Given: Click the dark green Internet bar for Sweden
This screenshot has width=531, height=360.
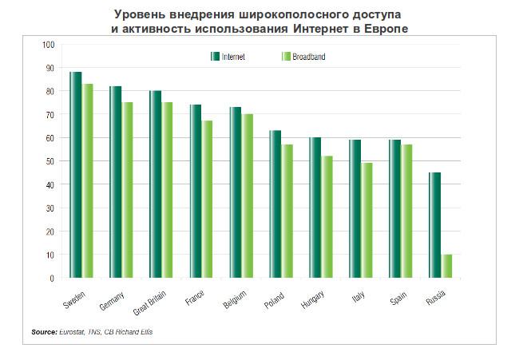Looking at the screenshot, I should point(76,175).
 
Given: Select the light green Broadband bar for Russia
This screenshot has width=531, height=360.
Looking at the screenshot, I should point(447,266).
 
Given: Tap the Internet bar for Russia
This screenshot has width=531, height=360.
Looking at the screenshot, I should point(435,225).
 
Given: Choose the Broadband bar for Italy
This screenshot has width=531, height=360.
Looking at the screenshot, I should point(367,220).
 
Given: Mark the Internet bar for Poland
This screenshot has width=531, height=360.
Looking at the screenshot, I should point(275,204).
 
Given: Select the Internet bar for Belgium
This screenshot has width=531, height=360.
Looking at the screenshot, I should point(236,192).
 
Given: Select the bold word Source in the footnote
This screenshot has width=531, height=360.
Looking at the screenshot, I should point(44,331).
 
